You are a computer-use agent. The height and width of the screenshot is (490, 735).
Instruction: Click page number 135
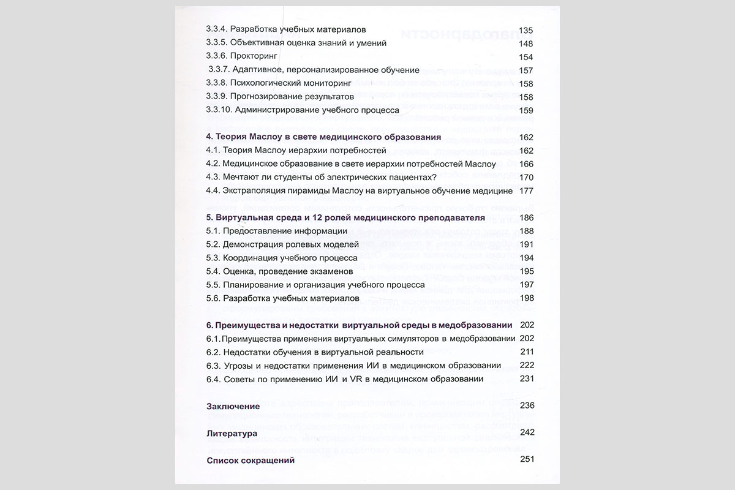[x=526, y=30]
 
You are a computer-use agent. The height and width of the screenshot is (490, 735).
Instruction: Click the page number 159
[x=526, y=110]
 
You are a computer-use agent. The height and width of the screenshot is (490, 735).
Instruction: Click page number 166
[x=526, y=164]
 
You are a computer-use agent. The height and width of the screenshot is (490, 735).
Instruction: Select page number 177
[x=526, y=190]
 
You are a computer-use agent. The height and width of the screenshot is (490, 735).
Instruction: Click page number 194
[x=526, y=258]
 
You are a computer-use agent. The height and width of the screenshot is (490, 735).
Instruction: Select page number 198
[x=526, y=298]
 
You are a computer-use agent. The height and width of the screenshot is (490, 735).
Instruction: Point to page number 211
[x=526, y=352]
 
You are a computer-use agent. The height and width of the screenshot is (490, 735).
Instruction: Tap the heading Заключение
[x=233, y=406]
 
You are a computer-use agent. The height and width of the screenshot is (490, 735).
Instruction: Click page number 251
[x=526, y=459]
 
